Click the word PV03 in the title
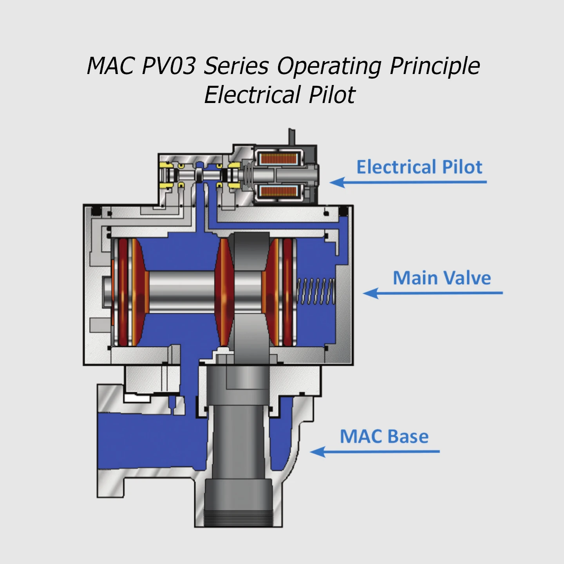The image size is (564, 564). [168, 65]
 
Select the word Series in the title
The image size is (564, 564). [236, 65]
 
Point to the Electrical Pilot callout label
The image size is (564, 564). [419, 167]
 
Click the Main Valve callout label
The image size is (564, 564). [442, 278]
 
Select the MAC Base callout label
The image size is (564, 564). [384, 436]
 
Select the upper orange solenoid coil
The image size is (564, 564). [279, 159]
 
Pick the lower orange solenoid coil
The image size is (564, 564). [279, 192]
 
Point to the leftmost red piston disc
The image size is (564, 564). [123, 292]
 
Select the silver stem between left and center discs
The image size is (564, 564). [182, 292]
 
